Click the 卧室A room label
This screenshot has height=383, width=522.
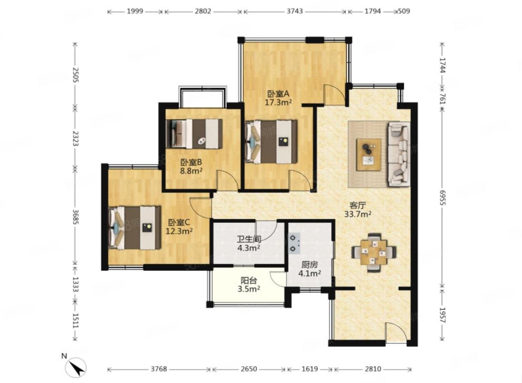pos(278,94)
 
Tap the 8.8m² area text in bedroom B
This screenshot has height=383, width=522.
pos(191,171)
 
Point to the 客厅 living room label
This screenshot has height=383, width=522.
pos(358,205)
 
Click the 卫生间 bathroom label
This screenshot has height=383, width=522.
pos(249,239)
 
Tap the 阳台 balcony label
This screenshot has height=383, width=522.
pos(249,280)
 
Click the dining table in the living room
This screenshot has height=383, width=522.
pos(374,252)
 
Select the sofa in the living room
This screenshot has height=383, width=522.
pos(399,155)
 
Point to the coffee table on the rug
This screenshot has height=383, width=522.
pos(369,155)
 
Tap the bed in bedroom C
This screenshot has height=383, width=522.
pos(135,228)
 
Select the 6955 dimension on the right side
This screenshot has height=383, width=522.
pos(443,198)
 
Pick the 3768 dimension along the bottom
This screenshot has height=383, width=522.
pos(159,369)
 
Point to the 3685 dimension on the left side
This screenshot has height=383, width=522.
pos(76,217)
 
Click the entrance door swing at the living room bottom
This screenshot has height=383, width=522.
pos(396,332)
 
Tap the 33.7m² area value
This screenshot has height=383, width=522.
pos(358,214)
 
